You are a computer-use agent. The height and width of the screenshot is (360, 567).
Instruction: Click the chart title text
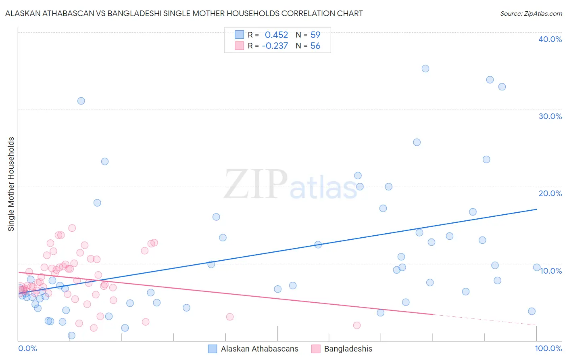point(184,13)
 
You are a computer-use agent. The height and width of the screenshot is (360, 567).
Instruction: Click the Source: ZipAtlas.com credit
point(531,13)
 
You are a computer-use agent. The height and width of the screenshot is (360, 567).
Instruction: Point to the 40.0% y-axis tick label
point(550,39)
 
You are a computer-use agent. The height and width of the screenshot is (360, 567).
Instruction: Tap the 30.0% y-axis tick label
point(550,116)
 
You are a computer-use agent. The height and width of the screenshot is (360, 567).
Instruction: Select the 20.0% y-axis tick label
point(550,193)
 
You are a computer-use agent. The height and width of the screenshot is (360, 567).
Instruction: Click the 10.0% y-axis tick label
point(551,271)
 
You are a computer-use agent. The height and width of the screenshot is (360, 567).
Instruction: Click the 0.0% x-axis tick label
point(27,348)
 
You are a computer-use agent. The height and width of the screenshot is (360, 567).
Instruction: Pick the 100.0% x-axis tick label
point(548,348)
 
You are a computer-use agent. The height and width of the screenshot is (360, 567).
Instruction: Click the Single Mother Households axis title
point(11,184)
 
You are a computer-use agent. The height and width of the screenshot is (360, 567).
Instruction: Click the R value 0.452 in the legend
point(276,35)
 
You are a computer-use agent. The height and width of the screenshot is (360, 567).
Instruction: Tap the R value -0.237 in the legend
point(275,46)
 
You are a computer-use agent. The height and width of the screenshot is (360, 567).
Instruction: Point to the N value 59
point(315,35)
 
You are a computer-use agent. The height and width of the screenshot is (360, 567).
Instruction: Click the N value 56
point(315,46)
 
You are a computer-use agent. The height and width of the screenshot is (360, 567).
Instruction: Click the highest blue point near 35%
point(425,69)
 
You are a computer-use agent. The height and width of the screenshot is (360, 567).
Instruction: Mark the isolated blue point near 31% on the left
point(81,101)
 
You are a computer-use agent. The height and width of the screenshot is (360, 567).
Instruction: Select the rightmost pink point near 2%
point(356,325)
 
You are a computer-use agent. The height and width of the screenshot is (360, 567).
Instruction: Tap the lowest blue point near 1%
point(71,335)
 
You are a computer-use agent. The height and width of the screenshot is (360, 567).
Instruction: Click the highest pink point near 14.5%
point(72,228)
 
